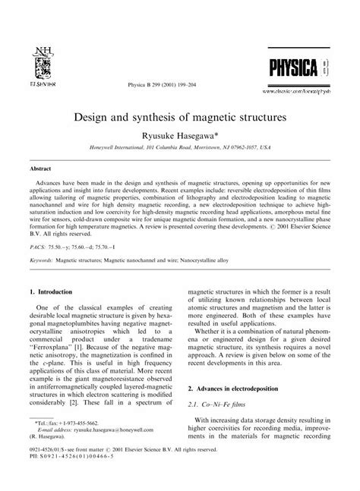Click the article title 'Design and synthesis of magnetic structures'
tap(179, 119)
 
